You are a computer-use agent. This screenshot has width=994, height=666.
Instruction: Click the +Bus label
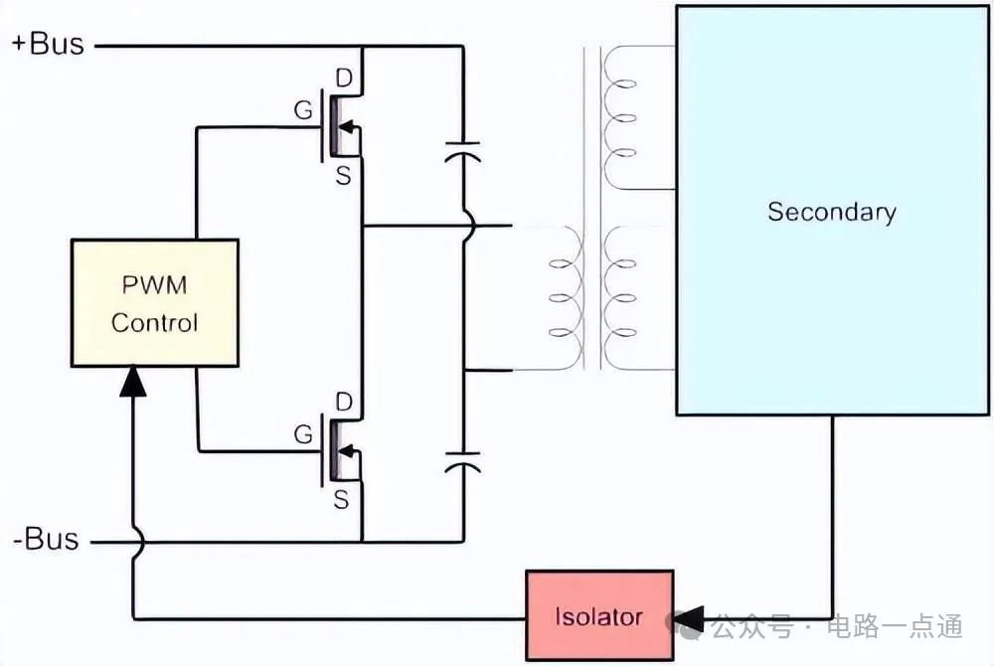[48, 45]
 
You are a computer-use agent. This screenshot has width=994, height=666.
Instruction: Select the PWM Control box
[155, 302]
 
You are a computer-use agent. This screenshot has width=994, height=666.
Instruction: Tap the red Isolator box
[598, 615]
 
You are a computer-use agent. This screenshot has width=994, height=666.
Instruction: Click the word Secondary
[831, 212]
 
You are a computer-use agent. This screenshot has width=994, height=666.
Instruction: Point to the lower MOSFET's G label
[303, 434]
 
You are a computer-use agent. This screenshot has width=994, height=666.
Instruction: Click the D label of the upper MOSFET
[345, 78]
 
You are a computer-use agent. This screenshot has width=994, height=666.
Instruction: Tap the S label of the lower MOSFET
[341, 500]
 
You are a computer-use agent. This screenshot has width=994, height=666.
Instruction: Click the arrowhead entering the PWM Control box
[133, 381]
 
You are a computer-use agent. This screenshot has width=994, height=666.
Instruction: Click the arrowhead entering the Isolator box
[687, 617]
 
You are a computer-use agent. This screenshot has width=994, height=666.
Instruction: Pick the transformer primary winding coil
[566, 297]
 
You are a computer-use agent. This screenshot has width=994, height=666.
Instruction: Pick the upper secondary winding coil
[621, 118]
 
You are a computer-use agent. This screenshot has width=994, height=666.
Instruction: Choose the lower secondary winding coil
[621, 297]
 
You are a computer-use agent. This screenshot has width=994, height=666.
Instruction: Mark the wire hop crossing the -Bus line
[134, 542]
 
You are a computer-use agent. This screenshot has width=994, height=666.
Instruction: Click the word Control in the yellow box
[154, 323]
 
